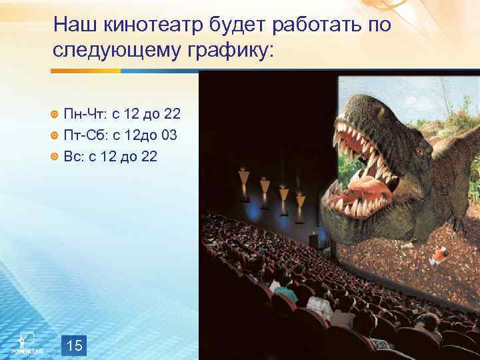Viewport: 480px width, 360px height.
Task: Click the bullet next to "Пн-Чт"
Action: click(55, 115)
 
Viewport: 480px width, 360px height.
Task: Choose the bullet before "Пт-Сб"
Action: click(55, 137)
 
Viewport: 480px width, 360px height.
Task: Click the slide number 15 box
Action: click(75, 345)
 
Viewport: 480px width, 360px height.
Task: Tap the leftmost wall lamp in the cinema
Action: click(244, 177)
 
